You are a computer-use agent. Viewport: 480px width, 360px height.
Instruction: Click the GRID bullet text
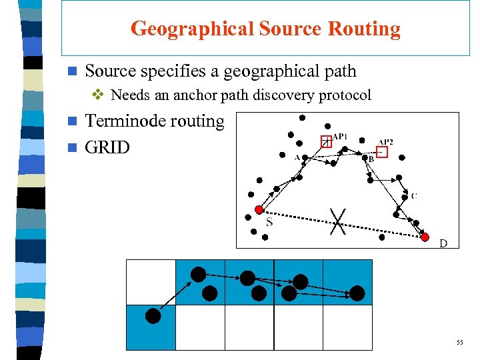108,147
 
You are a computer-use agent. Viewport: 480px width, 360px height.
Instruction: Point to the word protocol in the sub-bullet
345,95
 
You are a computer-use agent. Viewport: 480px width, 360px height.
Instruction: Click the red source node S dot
259,209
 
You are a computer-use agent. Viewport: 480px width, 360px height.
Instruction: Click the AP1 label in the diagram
340,137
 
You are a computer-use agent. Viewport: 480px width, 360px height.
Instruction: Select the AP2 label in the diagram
386,142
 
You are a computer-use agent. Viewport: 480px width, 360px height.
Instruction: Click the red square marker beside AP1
326,141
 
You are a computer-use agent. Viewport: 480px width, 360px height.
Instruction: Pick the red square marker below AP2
381,152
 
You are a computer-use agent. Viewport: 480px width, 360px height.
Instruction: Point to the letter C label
414,195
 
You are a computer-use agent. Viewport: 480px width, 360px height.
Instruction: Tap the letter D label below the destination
443,244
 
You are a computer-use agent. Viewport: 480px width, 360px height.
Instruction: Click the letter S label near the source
269,222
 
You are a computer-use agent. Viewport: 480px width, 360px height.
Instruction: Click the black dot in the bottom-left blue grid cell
153,316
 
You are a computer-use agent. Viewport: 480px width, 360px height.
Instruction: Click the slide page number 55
460,343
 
